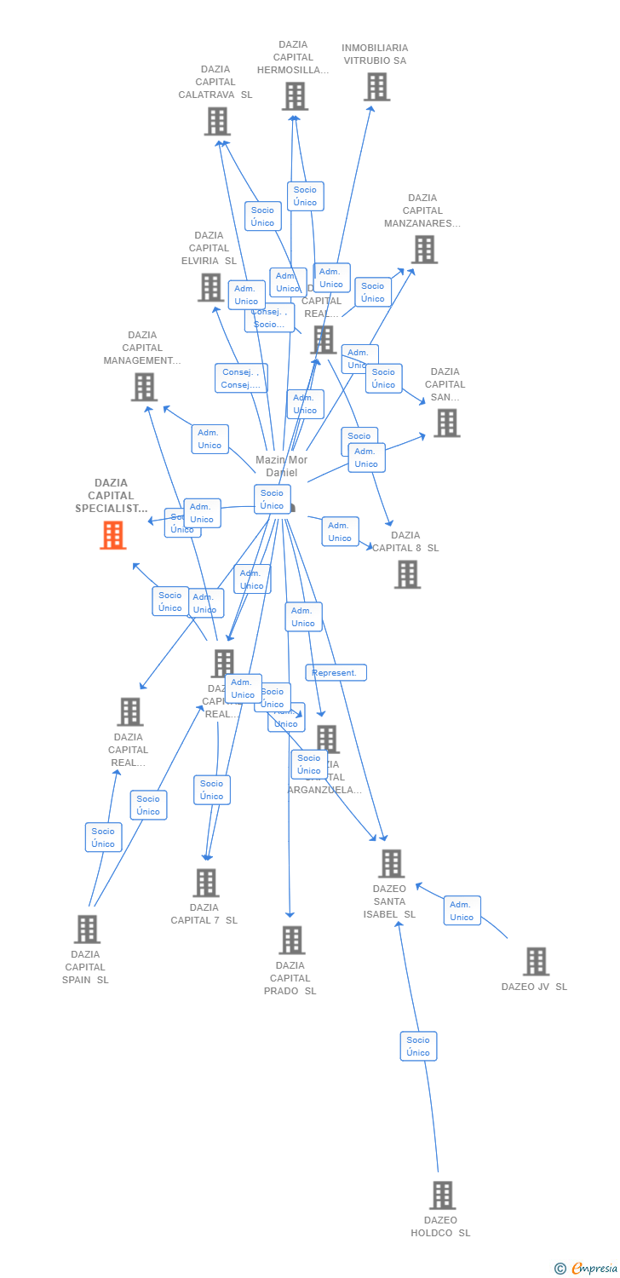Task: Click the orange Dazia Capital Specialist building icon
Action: [113, 535]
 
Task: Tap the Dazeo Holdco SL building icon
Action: [442, 1195]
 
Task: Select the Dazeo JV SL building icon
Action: [536, 962]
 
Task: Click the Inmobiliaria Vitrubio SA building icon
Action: [376, 87]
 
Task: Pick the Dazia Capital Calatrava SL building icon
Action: [217, 122]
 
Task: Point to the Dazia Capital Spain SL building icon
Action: [87, 930]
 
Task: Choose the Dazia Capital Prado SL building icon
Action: [291, 940]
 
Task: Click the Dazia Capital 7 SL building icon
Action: [206, 883]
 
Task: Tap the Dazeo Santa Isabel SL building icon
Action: [391, 864]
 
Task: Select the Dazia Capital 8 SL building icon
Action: [407, 574]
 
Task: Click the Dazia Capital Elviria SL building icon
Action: [210, 287]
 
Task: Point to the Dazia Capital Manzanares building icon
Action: [424, 250]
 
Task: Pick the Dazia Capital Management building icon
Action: [144, 387]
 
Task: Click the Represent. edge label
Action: [336, 673]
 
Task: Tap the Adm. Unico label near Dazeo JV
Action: [462, 911]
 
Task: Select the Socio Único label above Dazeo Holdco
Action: [418, 1046]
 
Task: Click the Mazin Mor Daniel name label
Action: [281, 466]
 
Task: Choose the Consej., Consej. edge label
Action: [241, 378]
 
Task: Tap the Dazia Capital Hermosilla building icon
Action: [295, 96]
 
